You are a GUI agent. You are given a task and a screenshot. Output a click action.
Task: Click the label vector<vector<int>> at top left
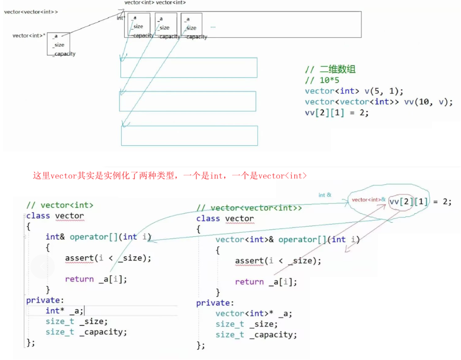tap(31, 12)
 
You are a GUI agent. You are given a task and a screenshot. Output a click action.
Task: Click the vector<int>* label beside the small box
tap(28, 36)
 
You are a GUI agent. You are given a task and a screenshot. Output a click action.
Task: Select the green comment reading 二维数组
tap(330, 69)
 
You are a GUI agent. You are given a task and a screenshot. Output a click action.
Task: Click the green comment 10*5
tap(322, 80)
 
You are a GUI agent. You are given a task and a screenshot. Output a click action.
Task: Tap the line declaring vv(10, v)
tap(378, 102)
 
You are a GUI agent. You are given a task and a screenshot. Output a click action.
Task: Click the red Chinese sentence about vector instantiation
tap(170, 176)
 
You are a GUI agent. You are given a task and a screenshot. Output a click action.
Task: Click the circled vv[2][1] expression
tap(408, 202)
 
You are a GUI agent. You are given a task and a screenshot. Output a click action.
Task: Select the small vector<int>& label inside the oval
tap(368, 200)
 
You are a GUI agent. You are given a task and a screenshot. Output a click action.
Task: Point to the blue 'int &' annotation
tap(325, 195)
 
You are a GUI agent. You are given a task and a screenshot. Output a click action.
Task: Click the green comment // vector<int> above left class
tap(60, 205)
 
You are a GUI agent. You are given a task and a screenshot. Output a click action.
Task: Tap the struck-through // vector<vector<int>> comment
tap(249, 208)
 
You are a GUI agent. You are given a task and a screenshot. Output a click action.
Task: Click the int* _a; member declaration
tap(64, 311)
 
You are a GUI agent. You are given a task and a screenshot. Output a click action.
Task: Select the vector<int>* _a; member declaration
tap(254, 314)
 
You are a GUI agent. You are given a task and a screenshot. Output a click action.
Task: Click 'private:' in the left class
tap(45, 300)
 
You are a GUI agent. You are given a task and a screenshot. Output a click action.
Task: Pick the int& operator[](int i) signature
tap(98, 237)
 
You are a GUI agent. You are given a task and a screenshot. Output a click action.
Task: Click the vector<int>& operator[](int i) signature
tap(287, 240)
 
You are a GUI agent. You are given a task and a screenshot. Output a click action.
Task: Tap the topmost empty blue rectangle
tap(189, 68)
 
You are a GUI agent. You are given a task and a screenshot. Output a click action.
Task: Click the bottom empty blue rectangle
tap(189, 136)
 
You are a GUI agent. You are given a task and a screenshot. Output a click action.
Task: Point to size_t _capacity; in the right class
tap(256, 335)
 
